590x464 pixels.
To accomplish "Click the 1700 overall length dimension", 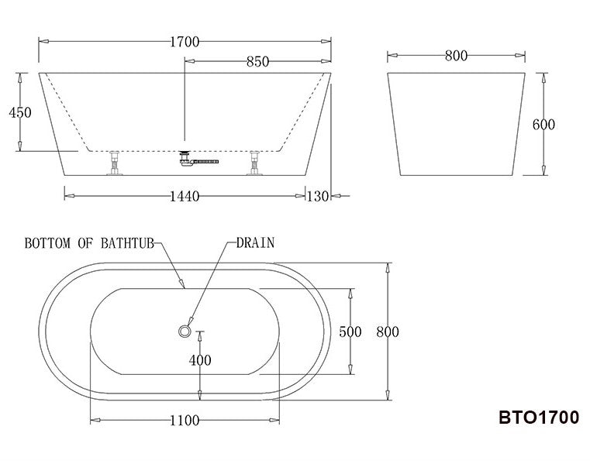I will [x=185, y=42].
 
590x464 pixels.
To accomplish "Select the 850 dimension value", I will [x=257, y=63].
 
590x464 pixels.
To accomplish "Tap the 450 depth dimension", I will [x=19, y=112].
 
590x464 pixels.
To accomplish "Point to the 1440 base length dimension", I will [x=185, y=197].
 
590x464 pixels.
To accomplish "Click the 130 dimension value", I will [x=318, y=197].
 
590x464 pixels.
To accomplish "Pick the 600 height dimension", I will [x=543, y=125].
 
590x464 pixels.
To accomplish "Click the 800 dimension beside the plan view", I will [x=388, y=332].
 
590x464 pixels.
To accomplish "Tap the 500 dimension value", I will [x=350, y=332].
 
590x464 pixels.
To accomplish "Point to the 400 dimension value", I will [x=200, y=360].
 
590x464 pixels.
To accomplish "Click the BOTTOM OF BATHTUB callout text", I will [x=89, y=243].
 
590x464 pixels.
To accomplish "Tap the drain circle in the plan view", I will [x=185, y=331].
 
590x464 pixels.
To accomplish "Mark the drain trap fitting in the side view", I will [x=186, y=158].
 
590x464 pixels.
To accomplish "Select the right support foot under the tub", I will [x=254, y=163].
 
